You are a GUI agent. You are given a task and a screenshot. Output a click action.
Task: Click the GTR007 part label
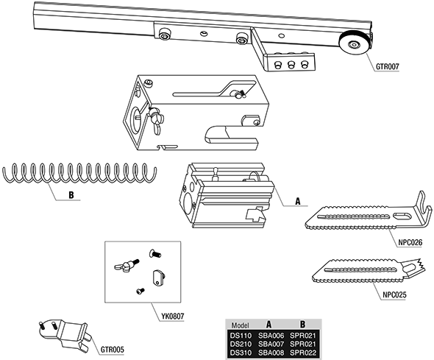pyautogui.click(x=387, y=66)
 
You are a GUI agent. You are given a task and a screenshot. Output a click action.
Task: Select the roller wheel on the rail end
pyautogui.click(x=353, y=45)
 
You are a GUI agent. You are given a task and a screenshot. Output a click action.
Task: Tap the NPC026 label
pyautogui.click(x=410, y=243)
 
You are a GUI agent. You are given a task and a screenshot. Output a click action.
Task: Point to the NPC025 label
pyautogui.click(x=395, y=295)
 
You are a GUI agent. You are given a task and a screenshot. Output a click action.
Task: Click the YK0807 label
pyautogui.click(x=172, y=316)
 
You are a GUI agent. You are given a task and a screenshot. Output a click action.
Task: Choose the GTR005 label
pyautogui.click(x=112, y=350)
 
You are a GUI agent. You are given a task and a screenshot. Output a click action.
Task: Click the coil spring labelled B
pyautogui.click(x=79, y=173)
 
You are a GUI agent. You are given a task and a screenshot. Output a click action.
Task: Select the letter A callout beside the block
pyautogui.click(x=298, y=201)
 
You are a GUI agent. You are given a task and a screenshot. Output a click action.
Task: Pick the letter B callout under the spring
pyautogui.click(x=71, y=195)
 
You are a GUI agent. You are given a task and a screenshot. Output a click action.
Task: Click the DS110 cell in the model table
pyautogui.click(x=241, y=336)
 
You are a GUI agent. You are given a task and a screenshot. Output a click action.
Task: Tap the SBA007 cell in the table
pyautogui.click(x=271, y=345)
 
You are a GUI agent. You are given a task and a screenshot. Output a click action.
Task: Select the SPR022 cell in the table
pyautogui.click(x=303, y=353)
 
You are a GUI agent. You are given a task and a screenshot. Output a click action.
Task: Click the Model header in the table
pyautogui.click(x=240, y=325)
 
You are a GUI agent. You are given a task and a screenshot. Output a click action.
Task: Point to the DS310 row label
pyautogui.click(x=241, y=353)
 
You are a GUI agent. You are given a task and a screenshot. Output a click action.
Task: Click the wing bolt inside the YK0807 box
pyautogui.click(x=127, y=265)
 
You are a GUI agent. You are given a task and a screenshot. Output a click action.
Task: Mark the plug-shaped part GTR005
pyautogui.click(x=66, y=333)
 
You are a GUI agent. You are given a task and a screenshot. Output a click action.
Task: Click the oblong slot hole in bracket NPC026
pyautogui.click(x=402, y=216)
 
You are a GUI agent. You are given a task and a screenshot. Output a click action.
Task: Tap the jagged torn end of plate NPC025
pyautogui.click(x=419, y=266)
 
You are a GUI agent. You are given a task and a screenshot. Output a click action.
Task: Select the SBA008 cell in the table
pyautogui.click(x=271, y=353)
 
